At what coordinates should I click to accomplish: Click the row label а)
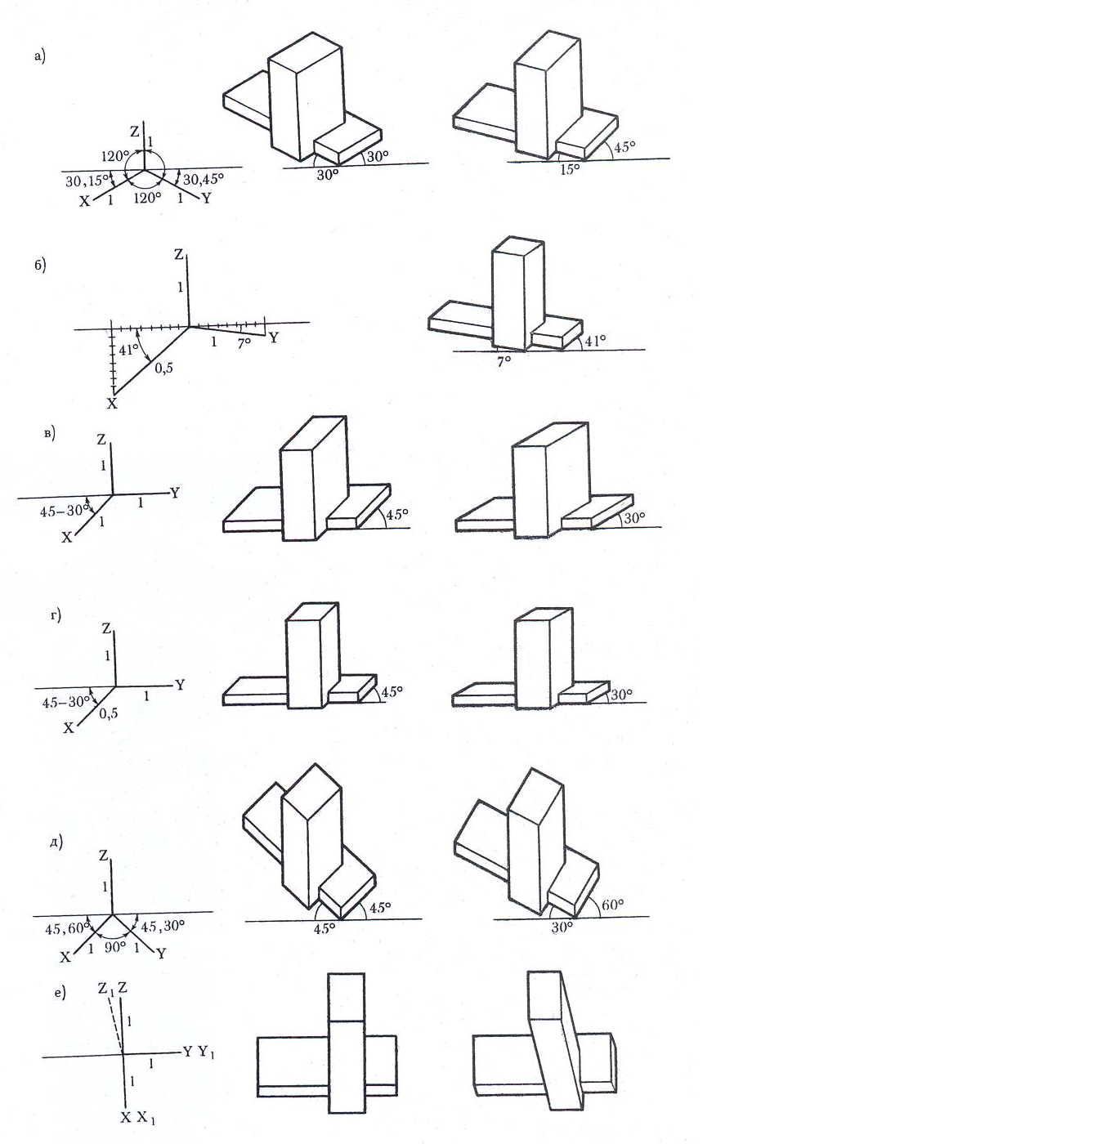[x=40, y=56]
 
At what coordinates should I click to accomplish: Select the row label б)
[x=40, y=265]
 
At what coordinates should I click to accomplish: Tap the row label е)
[x=60, y=993]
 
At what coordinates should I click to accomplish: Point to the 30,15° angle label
[x=87, y=181]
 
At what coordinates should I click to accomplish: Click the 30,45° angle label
[x=204, y=179]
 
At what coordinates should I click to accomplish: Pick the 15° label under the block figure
[x=570, y=168]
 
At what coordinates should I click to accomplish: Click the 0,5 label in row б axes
[x=164, y=369]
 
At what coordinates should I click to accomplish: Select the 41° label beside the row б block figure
[x=595, y=341]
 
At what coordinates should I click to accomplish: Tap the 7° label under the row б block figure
[x=504, y=362]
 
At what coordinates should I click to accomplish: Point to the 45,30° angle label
[x=163, y=926]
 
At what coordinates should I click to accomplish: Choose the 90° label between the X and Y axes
[x=115, y=947]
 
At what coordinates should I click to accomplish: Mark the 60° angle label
[x=612, y=905]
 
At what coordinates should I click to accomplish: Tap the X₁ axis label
[x=145, y=1118]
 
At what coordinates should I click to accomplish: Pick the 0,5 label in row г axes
[x=108, y=713]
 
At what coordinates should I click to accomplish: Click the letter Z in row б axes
[x=179, y=254]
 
